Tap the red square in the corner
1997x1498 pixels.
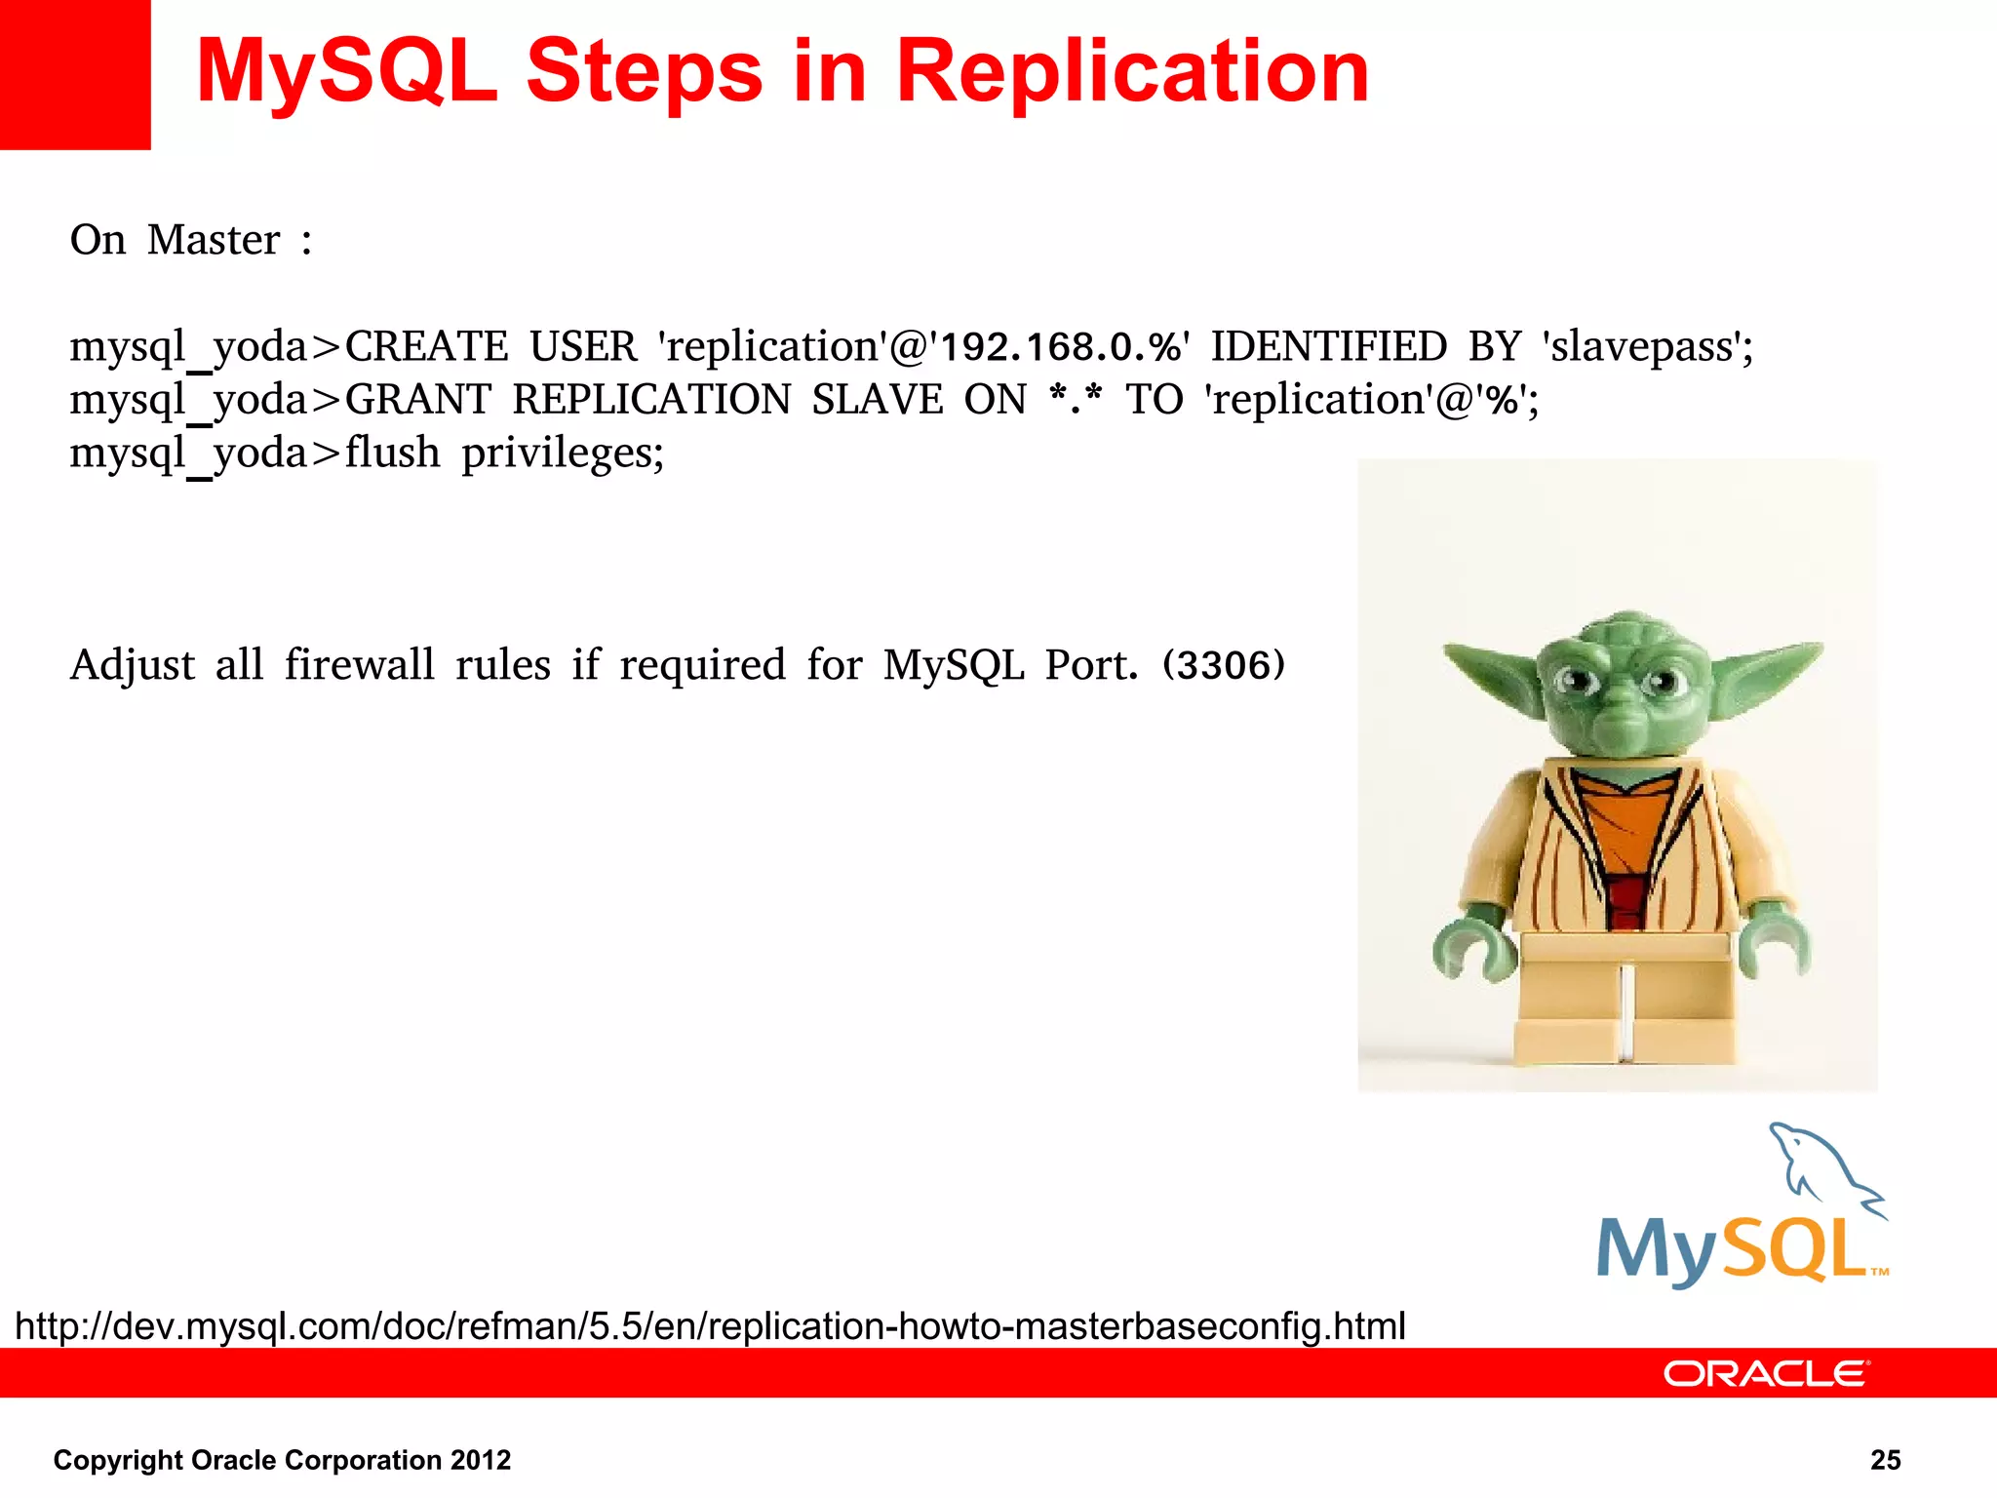(74, 74)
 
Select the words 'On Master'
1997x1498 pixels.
(176, 240)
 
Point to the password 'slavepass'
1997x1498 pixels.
(1646, 347)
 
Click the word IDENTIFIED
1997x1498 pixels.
(1328, 347)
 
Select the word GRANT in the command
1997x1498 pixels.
(417, 400)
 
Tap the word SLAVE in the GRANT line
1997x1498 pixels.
(877, 400)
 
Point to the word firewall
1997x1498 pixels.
(359, 666)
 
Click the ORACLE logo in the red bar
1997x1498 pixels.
(1765, 1374)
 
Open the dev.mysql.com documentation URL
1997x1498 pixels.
(710, 1326)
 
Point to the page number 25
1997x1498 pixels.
(1885, 1460)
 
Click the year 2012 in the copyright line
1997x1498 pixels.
(481, 1460)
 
